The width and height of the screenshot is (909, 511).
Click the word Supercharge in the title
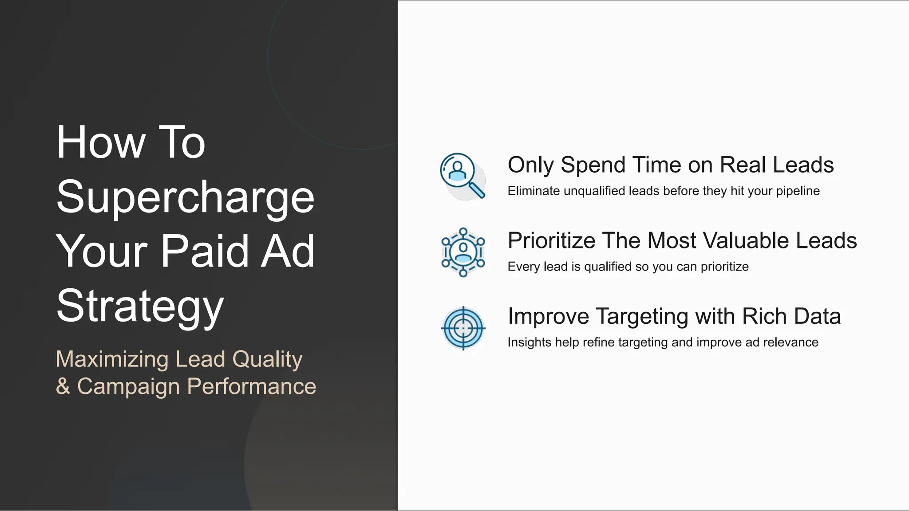coord(186,197)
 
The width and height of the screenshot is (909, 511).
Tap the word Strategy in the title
coord(140,307)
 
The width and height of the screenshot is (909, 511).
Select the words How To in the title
coord(131,142)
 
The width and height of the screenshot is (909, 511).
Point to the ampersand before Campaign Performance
coord(63,386)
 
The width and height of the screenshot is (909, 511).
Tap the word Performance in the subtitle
coord(252,386)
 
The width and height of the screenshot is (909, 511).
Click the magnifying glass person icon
coord(462,176)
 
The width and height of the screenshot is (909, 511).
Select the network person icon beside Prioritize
coord(463,252)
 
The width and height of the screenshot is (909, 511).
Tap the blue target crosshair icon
coord(463,328)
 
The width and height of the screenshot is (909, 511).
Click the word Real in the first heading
coord(743,165)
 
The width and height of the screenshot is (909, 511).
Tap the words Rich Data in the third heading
coord(791,317)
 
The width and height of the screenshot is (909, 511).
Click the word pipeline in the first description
coord(798,191)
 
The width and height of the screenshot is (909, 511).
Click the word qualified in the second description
coord(608,267)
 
